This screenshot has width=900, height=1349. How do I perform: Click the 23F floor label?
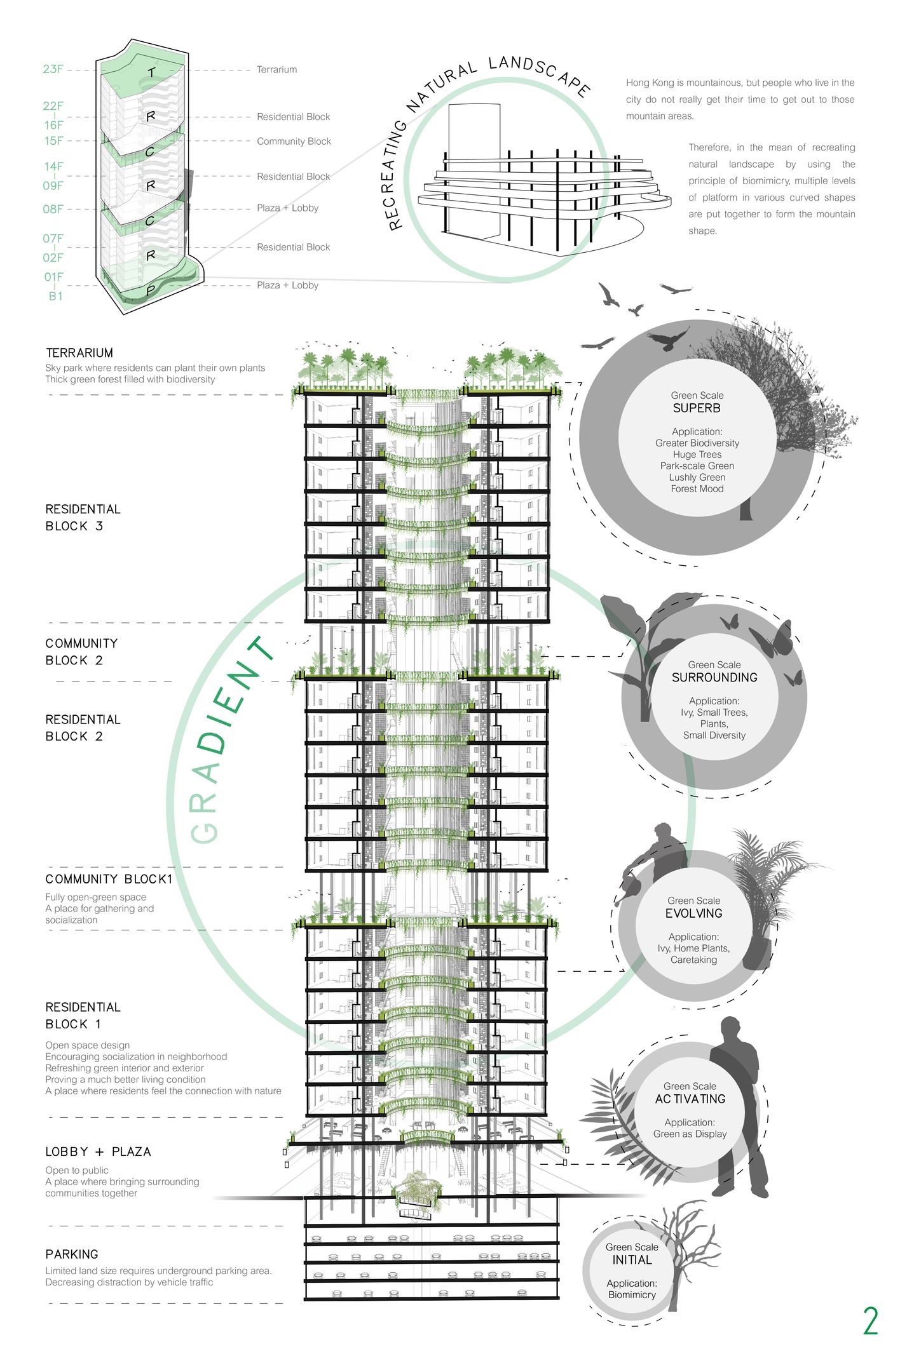tap(53, 69)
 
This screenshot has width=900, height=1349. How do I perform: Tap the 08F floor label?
tap(53, 209)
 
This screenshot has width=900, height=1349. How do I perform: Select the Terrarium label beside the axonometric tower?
tap(276, 70)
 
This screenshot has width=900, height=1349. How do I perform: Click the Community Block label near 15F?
tap(294, 142)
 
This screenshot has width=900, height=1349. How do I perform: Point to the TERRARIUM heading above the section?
tap(79, 353)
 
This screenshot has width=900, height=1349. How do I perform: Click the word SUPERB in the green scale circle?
tap(697, 408)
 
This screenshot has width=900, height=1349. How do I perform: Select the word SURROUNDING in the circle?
tap(714, 678)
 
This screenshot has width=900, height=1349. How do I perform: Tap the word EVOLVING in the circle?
tap(693, 913)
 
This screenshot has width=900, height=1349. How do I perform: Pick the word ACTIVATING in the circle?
tap(690, 1099)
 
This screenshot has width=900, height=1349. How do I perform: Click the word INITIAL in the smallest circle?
tap(632, 1259)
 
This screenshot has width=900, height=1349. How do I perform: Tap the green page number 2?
tap(870, 1321)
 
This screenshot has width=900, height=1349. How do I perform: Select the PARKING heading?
tap(72, 1254)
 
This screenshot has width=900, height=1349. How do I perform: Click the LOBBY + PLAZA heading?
tap(98, 1152)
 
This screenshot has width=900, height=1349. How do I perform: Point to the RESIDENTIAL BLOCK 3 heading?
tap(83, 518)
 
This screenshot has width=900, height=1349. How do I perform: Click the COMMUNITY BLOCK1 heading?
tap(109, 879)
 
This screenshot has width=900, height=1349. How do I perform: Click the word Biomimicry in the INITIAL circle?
tap(632, 1294)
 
